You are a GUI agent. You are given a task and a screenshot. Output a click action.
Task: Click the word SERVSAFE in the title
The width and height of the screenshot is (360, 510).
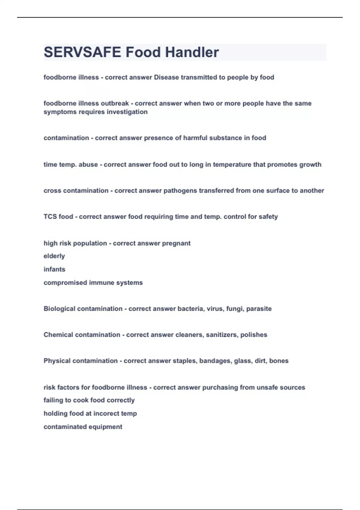[x=82, y=52]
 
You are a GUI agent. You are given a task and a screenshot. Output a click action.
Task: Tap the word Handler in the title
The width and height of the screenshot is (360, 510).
[x=192, y=52]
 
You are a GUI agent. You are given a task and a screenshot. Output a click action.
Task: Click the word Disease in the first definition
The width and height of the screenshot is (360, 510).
[x=166, y=77]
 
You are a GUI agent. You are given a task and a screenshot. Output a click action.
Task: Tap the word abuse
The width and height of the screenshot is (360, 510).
[x=88, y=165]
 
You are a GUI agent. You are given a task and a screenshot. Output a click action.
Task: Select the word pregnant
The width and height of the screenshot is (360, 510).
[x=176, y=243]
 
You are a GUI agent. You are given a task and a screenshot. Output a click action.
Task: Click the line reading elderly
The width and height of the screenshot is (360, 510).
[x=54, y=256]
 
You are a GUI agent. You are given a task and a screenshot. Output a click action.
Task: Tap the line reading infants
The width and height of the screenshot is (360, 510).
[x=54, y=269]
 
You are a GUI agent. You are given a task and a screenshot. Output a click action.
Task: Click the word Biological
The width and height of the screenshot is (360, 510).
[x=59, y=309]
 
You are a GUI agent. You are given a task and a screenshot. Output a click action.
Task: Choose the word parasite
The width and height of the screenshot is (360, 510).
[x=259, y=309]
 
